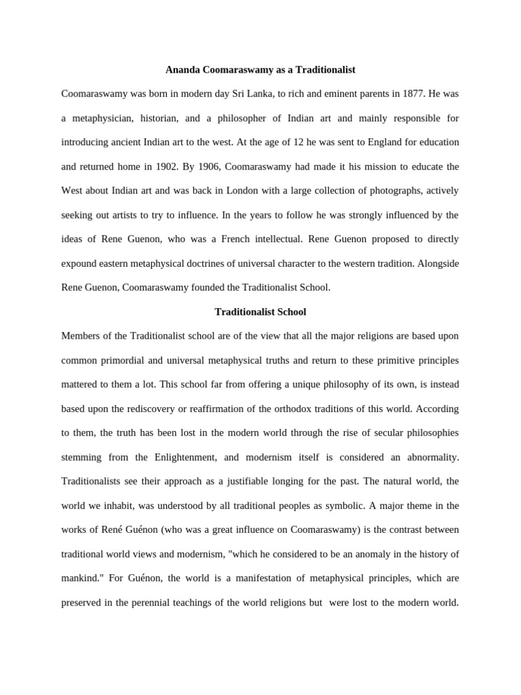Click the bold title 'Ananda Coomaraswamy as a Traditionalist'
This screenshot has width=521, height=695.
260,70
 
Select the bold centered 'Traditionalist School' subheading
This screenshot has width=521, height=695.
260,312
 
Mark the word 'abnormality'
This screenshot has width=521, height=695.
431,457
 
